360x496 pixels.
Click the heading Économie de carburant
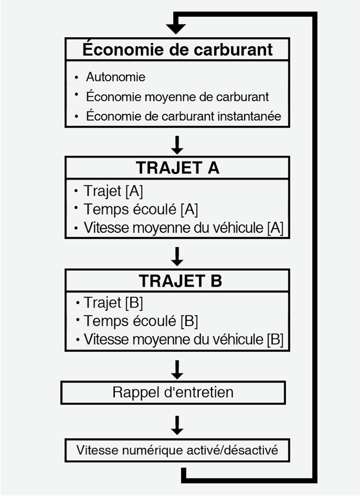[177, 50]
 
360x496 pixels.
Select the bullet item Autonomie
[115, 77]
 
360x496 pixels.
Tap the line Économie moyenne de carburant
[177, 97]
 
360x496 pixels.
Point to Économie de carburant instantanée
[183, 116]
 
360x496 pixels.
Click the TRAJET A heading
[177, 168]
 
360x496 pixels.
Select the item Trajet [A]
[113, 191]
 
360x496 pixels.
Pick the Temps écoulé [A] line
[141, 209]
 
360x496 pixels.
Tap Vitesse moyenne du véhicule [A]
[183, 228]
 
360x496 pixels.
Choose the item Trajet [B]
[113, 303]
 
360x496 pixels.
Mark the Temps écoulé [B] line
[141, 321]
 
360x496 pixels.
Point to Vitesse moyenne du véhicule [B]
[183, 340]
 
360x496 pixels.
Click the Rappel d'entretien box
[173, 392]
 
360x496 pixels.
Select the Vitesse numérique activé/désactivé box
[177, 450]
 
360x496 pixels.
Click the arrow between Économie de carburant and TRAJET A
[177, 144]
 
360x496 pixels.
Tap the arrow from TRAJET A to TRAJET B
[177, 256]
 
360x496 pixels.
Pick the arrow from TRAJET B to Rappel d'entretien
[177, 368]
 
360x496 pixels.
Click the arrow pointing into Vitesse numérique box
[177, 424]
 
